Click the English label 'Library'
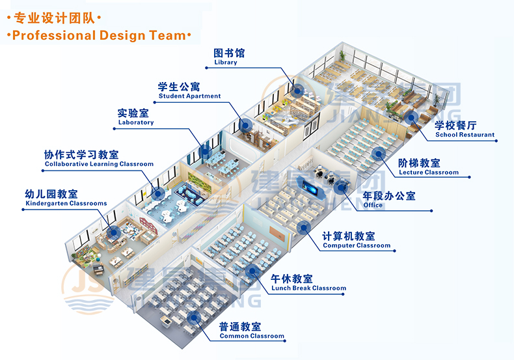tap(226, 62)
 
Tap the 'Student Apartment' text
tap(189, 96)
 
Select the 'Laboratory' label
tap(136, 122)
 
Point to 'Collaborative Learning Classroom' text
tap(99, 164)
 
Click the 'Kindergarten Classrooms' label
tap(66, 203)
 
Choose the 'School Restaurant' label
tap(465, 134)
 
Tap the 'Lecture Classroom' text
tap(429, 172)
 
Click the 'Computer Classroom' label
tap(357, 245)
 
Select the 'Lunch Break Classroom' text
tap(308, 288)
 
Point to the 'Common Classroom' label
tap(252, 336)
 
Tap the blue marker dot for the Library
tap(298, 90)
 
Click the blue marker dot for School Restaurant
tap(411, 117)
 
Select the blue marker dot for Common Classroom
tap(194, 318)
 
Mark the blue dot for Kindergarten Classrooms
tap(113, 232)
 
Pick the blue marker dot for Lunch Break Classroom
tap(251, 271)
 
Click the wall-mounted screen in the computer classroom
tap(309, 187)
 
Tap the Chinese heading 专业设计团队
tap(54, 18)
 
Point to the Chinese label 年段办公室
tap(389, 196)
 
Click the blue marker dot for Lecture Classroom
tap(378, 154)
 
